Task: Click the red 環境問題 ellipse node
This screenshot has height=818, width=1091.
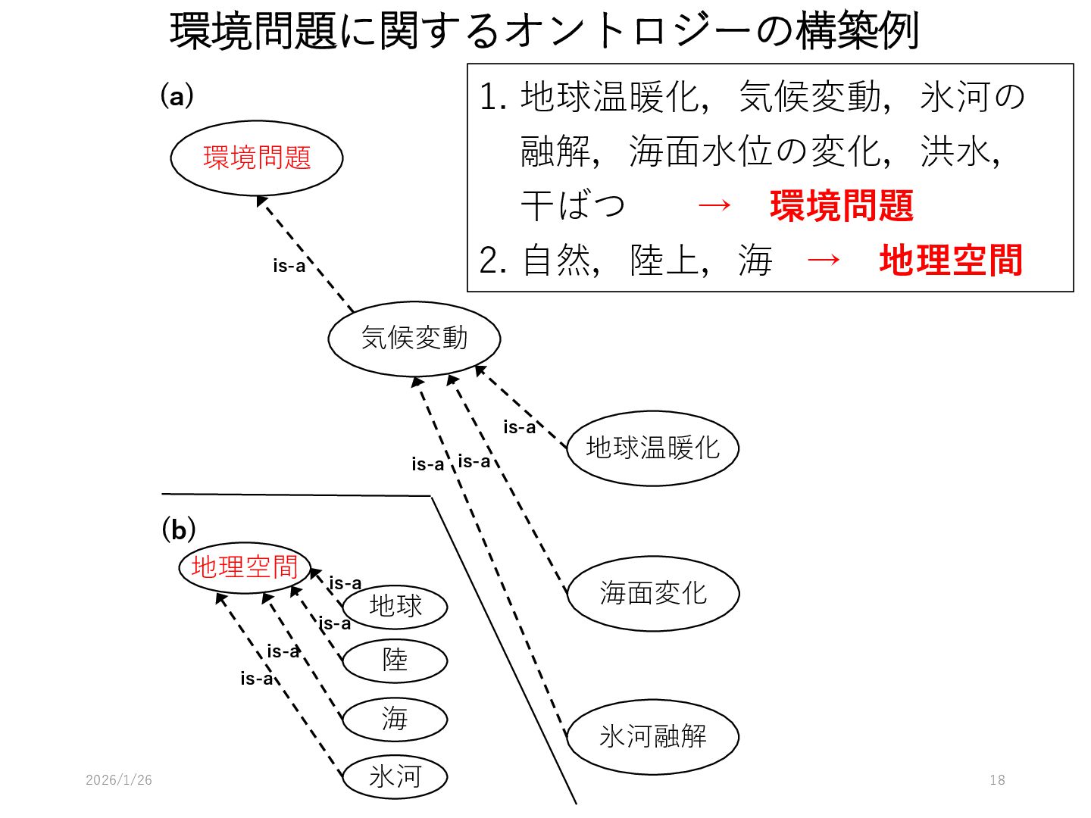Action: (x=257, y=158)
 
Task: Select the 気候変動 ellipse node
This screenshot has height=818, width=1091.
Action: (x=414, y=339)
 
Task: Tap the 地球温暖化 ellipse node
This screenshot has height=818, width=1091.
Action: (x=652, y=448)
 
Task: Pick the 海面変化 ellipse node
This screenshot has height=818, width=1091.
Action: (x=652, y=593)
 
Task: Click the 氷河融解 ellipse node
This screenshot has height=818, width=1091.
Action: (x=652, y=736)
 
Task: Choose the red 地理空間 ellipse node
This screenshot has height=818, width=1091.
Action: (x=245, y=567)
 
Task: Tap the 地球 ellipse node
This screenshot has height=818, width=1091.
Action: (x=395, y=606)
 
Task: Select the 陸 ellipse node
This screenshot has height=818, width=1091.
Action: (x=395, y=660)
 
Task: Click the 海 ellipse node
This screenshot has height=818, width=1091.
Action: (x=395, y=719)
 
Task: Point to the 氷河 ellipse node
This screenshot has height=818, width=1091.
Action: (x=395, y=776)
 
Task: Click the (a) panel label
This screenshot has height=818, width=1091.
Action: (x=177, y=96)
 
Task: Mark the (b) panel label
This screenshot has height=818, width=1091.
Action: (x=179, y=529)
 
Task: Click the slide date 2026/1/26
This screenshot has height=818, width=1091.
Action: (x=119, y=780)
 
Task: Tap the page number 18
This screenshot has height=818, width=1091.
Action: (x=997, y=780)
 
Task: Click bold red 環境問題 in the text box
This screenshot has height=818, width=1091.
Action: (x=842, y=205)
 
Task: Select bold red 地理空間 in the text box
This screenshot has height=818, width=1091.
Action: (x=951, y=260)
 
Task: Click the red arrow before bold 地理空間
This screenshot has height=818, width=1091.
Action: (x=824, y=261)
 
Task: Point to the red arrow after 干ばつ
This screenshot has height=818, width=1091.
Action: (x=714, y=206)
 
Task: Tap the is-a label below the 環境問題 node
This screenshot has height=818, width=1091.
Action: (x=289, y=266)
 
